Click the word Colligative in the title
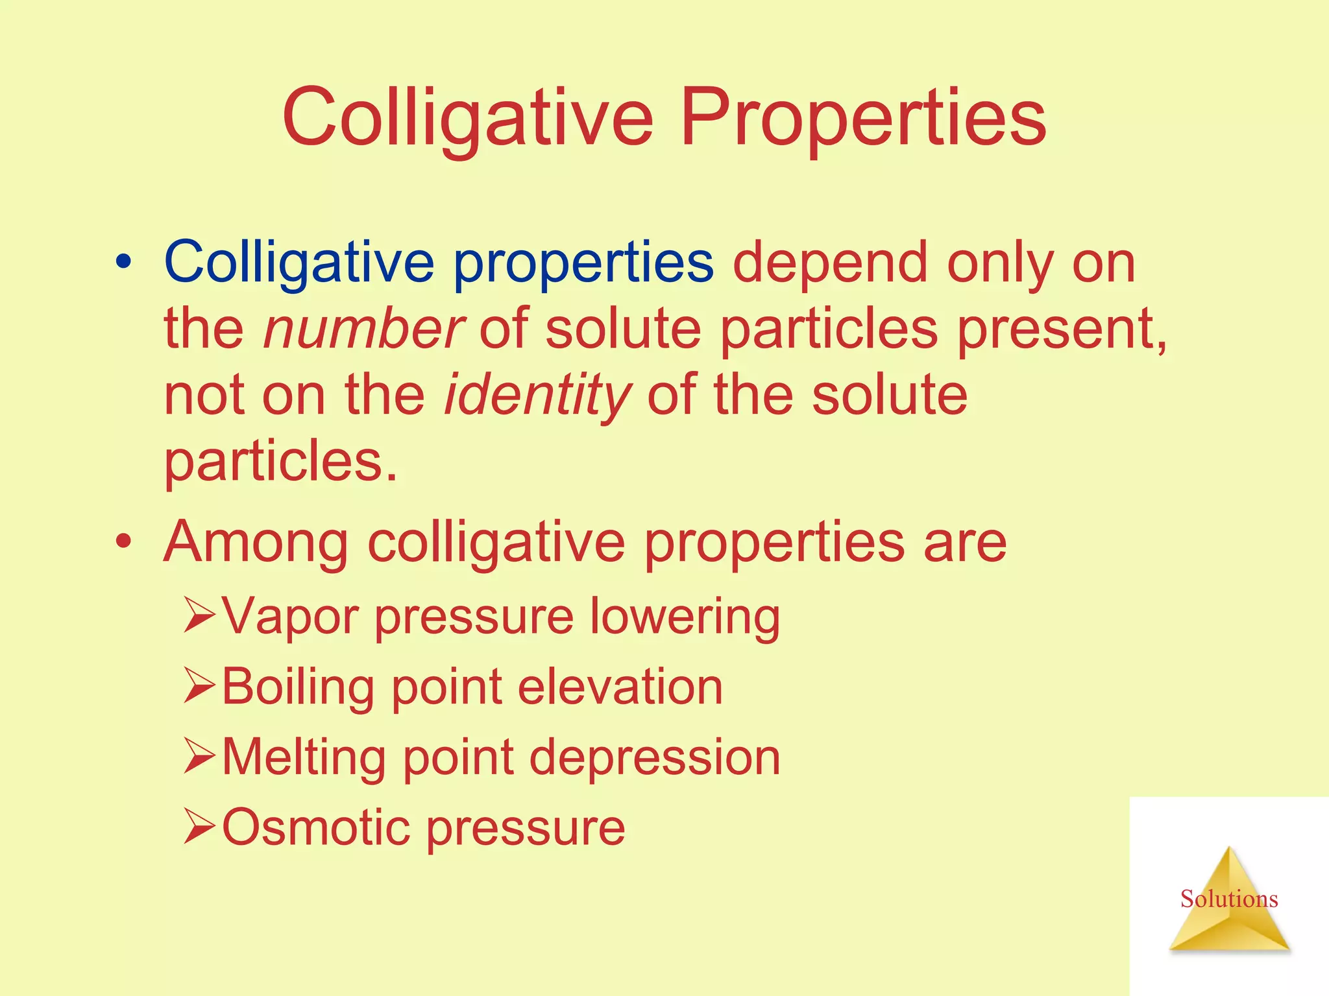467,119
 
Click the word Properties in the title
862,119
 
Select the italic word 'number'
363,329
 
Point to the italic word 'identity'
537,396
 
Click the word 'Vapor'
289,617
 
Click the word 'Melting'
304,757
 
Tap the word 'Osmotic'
315,827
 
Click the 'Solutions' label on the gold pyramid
1228,899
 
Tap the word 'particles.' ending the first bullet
280,462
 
